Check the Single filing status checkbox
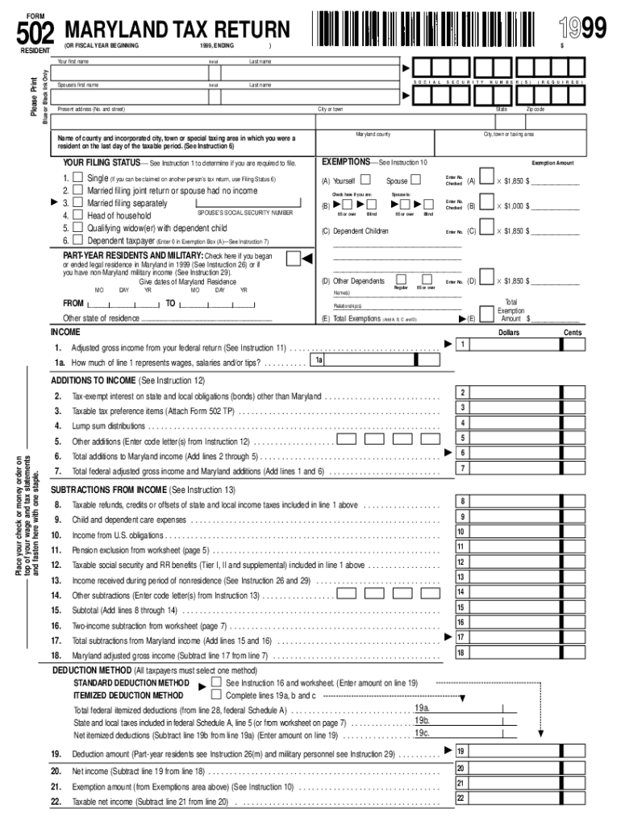(77, 177)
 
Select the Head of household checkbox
(77, 215)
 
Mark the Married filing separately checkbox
(77, 203)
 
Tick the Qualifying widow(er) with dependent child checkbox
(77, 228)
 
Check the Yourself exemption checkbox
(367, 180)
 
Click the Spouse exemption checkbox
(416, 180)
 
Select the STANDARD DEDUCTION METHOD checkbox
(216, 682)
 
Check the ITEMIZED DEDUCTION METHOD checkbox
(216, 694)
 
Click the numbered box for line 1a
(319, 361)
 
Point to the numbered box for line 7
(462, 468)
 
